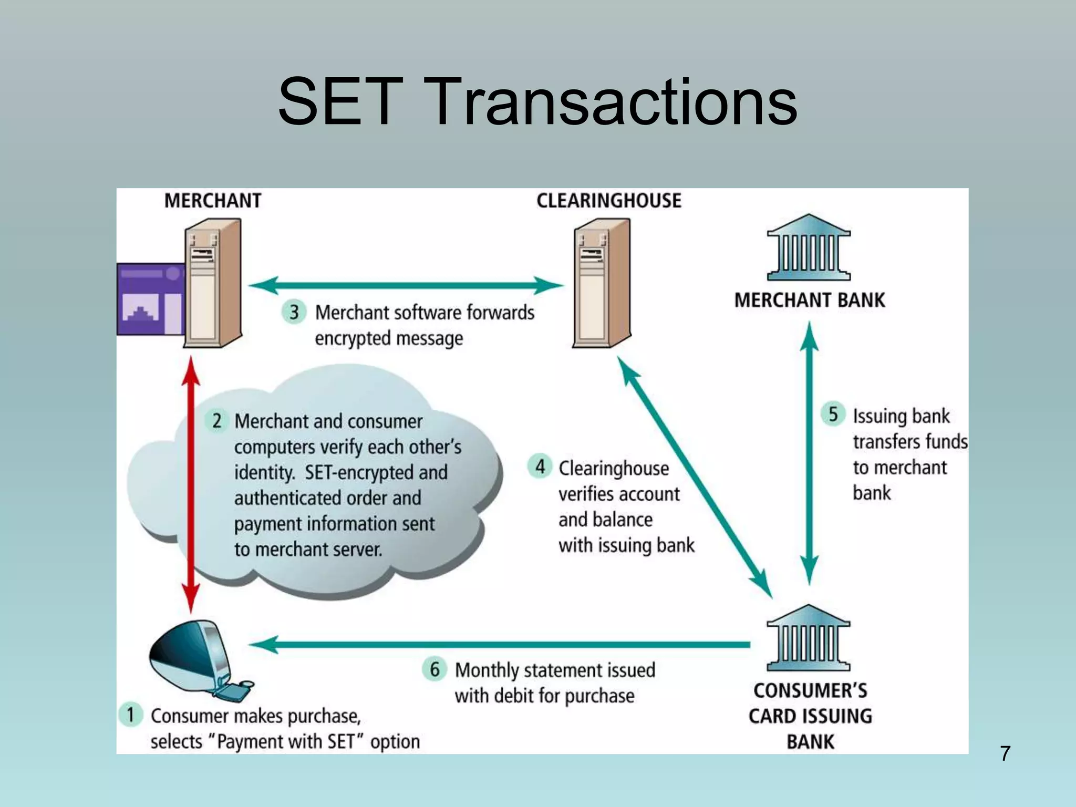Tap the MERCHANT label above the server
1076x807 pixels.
[x=212, y=201]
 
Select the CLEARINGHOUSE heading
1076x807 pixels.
[x=608, y=201]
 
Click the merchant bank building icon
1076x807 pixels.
[x=809, y=248]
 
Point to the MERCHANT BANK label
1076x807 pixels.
[x=809, y=300]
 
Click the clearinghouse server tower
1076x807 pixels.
[x=602, y=284]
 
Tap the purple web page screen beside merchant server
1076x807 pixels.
[x=150, y=299]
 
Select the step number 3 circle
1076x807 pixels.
[x=294, y=312]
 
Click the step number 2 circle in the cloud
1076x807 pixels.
[x=216, y=421]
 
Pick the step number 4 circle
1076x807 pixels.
[x=540, y=467]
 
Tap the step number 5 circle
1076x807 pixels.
[x=833, y=414]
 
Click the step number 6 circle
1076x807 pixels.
[x=434, y=669]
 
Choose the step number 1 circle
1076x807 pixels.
[x=130, y=715]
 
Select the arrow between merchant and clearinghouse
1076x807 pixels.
[x=406, y=286]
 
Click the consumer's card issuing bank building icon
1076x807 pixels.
[x=808, y=639]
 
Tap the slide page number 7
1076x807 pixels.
[x=1005, y=753]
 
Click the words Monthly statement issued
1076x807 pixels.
[x=555, y=670]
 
